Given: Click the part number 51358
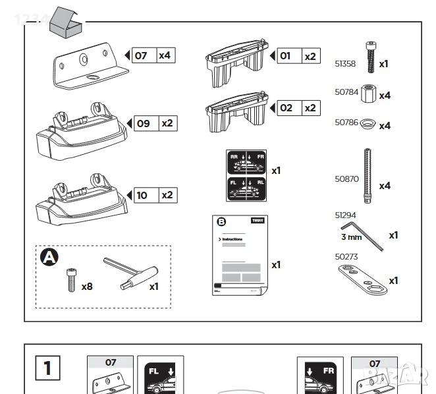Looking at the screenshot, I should pos(345,63).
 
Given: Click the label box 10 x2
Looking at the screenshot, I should pos(155,195).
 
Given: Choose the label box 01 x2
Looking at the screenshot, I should pos(298,56).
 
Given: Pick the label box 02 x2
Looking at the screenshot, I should pos(298,107).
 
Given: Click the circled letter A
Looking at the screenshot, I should pos(49,258).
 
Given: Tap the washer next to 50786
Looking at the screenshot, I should pos(366,123).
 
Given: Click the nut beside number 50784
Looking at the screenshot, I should pos(368,94).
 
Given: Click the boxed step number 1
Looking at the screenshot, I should pos(47,368).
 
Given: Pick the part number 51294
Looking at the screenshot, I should pos(345,215).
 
